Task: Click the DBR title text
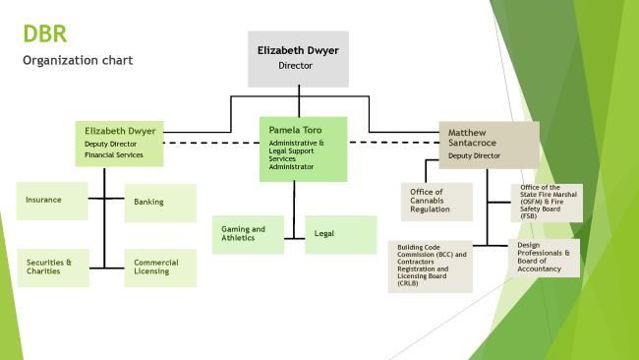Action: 46,34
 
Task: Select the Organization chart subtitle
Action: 78,61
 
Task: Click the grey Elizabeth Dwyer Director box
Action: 297,58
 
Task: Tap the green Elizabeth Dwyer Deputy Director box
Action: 120,143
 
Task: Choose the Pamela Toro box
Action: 304,149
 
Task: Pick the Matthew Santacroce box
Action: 489,144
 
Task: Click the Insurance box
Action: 52,201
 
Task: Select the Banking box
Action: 159,203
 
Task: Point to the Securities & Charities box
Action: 52,268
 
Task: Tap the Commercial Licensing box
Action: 159,268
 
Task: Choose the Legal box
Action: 340,235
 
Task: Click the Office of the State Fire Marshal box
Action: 545,202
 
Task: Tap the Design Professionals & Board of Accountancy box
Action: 543,258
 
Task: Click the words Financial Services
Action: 114,154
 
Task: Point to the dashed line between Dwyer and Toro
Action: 211,144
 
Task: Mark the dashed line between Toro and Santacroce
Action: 393,143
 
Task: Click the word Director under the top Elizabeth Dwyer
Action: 297,66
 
